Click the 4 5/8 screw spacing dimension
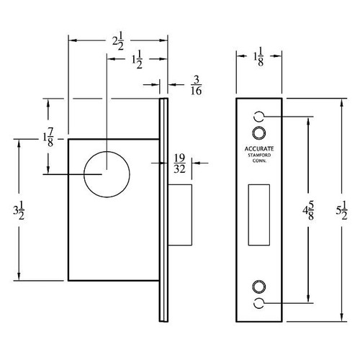coord(307,210)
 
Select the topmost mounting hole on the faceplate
coord(260,117)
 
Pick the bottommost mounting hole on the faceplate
coord(260,302)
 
